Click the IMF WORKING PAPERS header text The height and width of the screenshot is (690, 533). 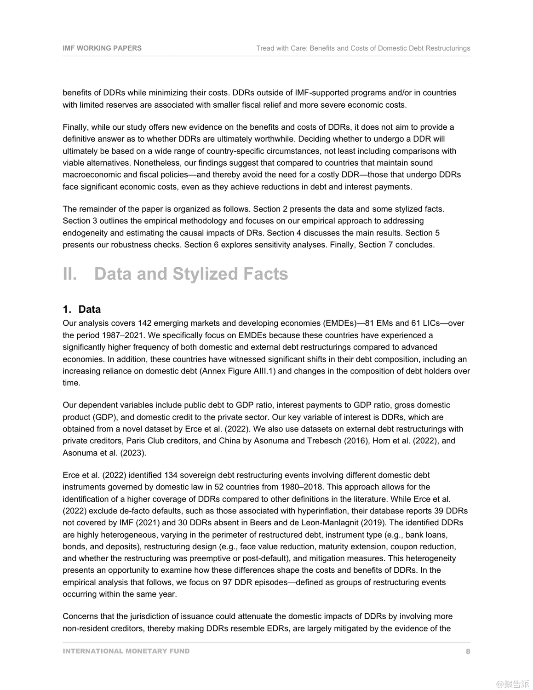pos(102,48)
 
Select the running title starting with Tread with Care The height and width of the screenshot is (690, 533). pos(363,48)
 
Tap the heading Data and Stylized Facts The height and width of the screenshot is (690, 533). pos(191,274)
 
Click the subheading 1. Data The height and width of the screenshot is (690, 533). pos(82,309)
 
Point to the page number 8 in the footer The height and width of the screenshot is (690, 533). pos(468,651)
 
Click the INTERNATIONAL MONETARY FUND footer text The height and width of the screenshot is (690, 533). pos(126,651)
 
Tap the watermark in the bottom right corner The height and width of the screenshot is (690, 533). pos(512,684)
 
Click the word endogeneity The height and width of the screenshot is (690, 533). pos(84,233)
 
